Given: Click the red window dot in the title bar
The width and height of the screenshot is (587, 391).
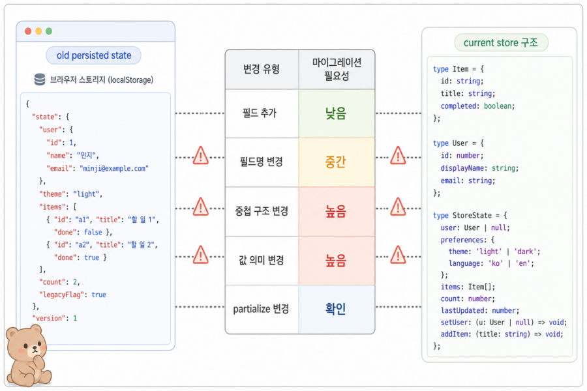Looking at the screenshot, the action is [28, 31].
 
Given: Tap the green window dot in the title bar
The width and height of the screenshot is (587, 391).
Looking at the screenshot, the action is [49, 31].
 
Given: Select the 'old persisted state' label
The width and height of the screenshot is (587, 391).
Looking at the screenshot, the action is [93, 55].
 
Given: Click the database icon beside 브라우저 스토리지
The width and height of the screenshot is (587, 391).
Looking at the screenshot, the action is [40, 80].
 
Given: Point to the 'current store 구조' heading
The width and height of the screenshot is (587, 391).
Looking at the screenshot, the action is [501, 42].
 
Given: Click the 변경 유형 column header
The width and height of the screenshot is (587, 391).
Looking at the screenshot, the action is [262, 69].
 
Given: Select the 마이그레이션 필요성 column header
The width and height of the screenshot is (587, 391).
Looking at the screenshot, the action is [337, 69].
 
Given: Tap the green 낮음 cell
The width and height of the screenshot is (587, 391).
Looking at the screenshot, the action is [336, 113].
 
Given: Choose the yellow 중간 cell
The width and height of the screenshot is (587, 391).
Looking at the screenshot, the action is [336, 162].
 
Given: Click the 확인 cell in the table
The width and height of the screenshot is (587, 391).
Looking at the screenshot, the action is [336, 309].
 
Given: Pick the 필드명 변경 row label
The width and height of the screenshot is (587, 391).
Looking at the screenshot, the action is [262, 162].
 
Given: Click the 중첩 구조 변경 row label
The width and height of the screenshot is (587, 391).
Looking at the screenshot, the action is [262, 211].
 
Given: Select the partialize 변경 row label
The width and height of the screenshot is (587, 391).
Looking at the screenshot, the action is [262, 309].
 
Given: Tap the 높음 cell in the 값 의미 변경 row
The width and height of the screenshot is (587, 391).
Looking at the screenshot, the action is [336, 261].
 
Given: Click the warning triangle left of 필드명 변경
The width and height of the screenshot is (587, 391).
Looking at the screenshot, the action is [201, 156].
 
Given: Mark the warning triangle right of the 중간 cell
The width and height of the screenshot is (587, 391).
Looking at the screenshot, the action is [398, 156].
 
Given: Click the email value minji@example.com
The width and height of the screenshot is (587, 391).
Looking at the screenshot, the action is [114, 168].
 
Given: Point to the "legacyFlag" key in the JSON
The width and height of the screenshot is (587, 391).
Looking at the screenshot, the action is [60, 295].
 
